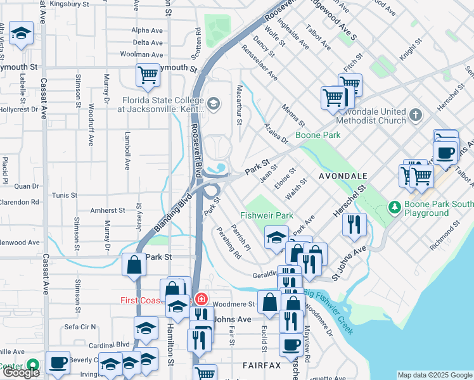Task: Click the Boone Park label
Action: click(317, 135)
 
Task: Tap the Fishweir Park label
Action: click(267, 215)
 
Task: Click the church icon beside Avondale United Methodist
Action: click(416, 115)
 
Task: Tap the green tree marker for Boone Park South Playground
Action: click(395, 207)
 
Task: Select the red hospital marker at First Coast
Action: click(201, 298)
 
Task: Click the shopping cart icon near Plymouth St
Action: click(148, 75)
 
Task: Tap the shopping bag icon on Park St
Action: click(134, 265)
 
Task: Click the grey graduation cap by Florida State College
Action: click(214, 104)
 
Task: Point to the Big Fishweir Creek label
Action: click(330, 311)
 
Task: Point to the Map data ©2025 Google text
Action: click(435, 375)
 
